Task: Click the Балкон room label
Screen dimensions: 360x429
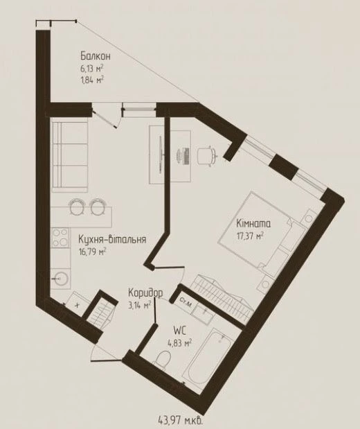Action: (x=96, y=56)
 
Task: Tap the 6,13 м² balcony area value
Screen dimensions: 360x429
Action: (x=91, y=69)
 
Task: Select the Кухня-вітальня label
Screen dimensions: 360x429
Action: (x=112, y=239)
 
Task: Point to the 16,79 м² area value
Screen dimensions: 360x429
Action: (x=92, y=252)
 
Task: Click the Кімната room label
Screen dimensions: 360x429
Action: (x=253, y=224)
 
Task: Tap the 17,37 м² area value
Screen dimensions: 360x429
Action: (x=250, y=236)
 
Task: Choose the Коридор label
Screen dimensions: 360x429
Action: (x=145, y=293)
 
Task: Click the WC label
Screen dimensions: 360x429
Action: (x=179, y=331)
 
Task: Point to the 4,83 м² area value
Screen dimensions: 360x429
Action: (x=179, y=343)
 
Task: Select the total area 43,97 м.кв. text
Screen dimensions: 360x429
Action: (x=181, y=419)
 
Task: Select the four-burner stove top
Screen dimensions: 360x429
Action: (x=60, y=238)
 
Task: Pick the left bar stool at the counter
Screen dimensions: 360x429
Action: (x=77, y=207)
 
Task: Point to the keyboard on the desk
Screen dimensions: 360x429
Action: (x=186, y=156)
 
